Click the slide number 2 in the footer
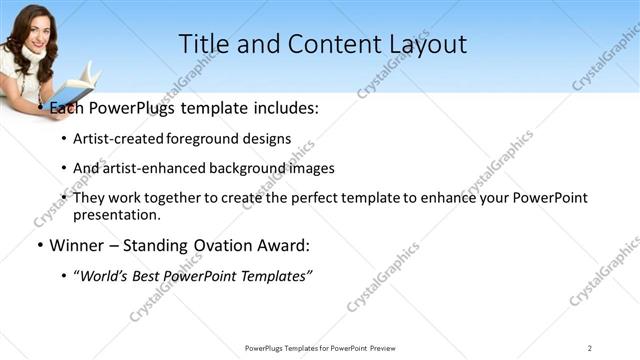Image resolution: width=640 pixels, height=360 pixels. [x=590, y=347]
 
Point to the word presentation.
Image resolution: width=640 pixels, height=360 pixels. [x=116, y=214]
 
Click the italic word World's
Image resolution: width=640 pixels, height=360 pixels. [x=105, y=276]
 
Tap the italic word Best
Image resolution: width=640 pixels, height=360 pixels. [x=152, y=276]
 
